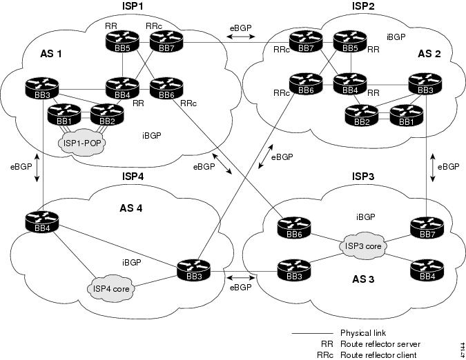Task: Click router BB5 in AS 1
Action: pyautogui.click(x=122, y=41)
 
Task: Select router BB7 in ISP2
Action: pyautogui.click(x=306, y=41)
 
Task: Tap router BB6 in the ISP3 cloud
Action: pyautogui.click(x=294, y=228)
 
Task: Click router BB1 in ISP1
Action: pyautogui.click(x=64, y=114)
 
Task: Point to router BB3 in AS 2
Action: pyautogui.click(x=425, y=85)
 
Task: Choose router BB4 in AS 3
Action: pyautogui.click(x=427, y=270)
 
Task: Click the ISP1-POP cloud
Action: pyautogui.click(x=82, y=143)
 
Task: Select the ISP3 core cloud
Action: pyautogui.click(x=363, y=246)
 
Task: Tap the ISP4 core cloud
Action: pyautogui.click(x=111, y=288)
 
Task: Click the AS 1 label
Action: pyautogui.click(x=51, y=54)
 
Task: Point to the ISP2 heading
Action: pyautogui.click(x=363, y=6)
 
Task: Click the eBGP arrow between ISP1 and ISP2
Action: pyautogui.click(x=241, y=37)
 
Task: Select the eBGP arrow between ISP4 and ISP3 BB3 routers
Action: pyautogui.click(x=241, y=278)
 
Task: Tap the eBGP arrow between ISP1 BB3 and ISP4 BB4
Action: pyautogui.click(x=37, y=168)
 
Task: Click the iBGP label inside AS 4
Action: pyautogui.click(x=132, y=262)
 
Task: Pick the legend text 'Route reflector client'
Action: pyautogui.click(x=378, y=355)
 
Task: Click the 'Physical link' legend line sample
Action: pyautogui.click(x=312, y=333)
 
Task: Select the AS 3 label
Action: pyautogui.click(x=363, y=279)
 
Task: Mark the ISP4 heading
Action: pyautogui.click(x=133, y=177)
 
